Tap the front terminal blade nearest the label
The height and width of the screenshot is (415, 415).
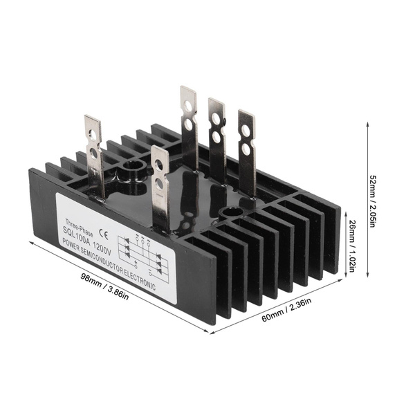click(x=160, y=187)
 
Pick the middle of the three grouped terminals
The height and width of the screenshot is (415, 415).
click(x=216, y=138)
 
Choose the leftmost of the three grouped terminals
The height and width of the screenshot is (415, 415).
click(x=189, y=124)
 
